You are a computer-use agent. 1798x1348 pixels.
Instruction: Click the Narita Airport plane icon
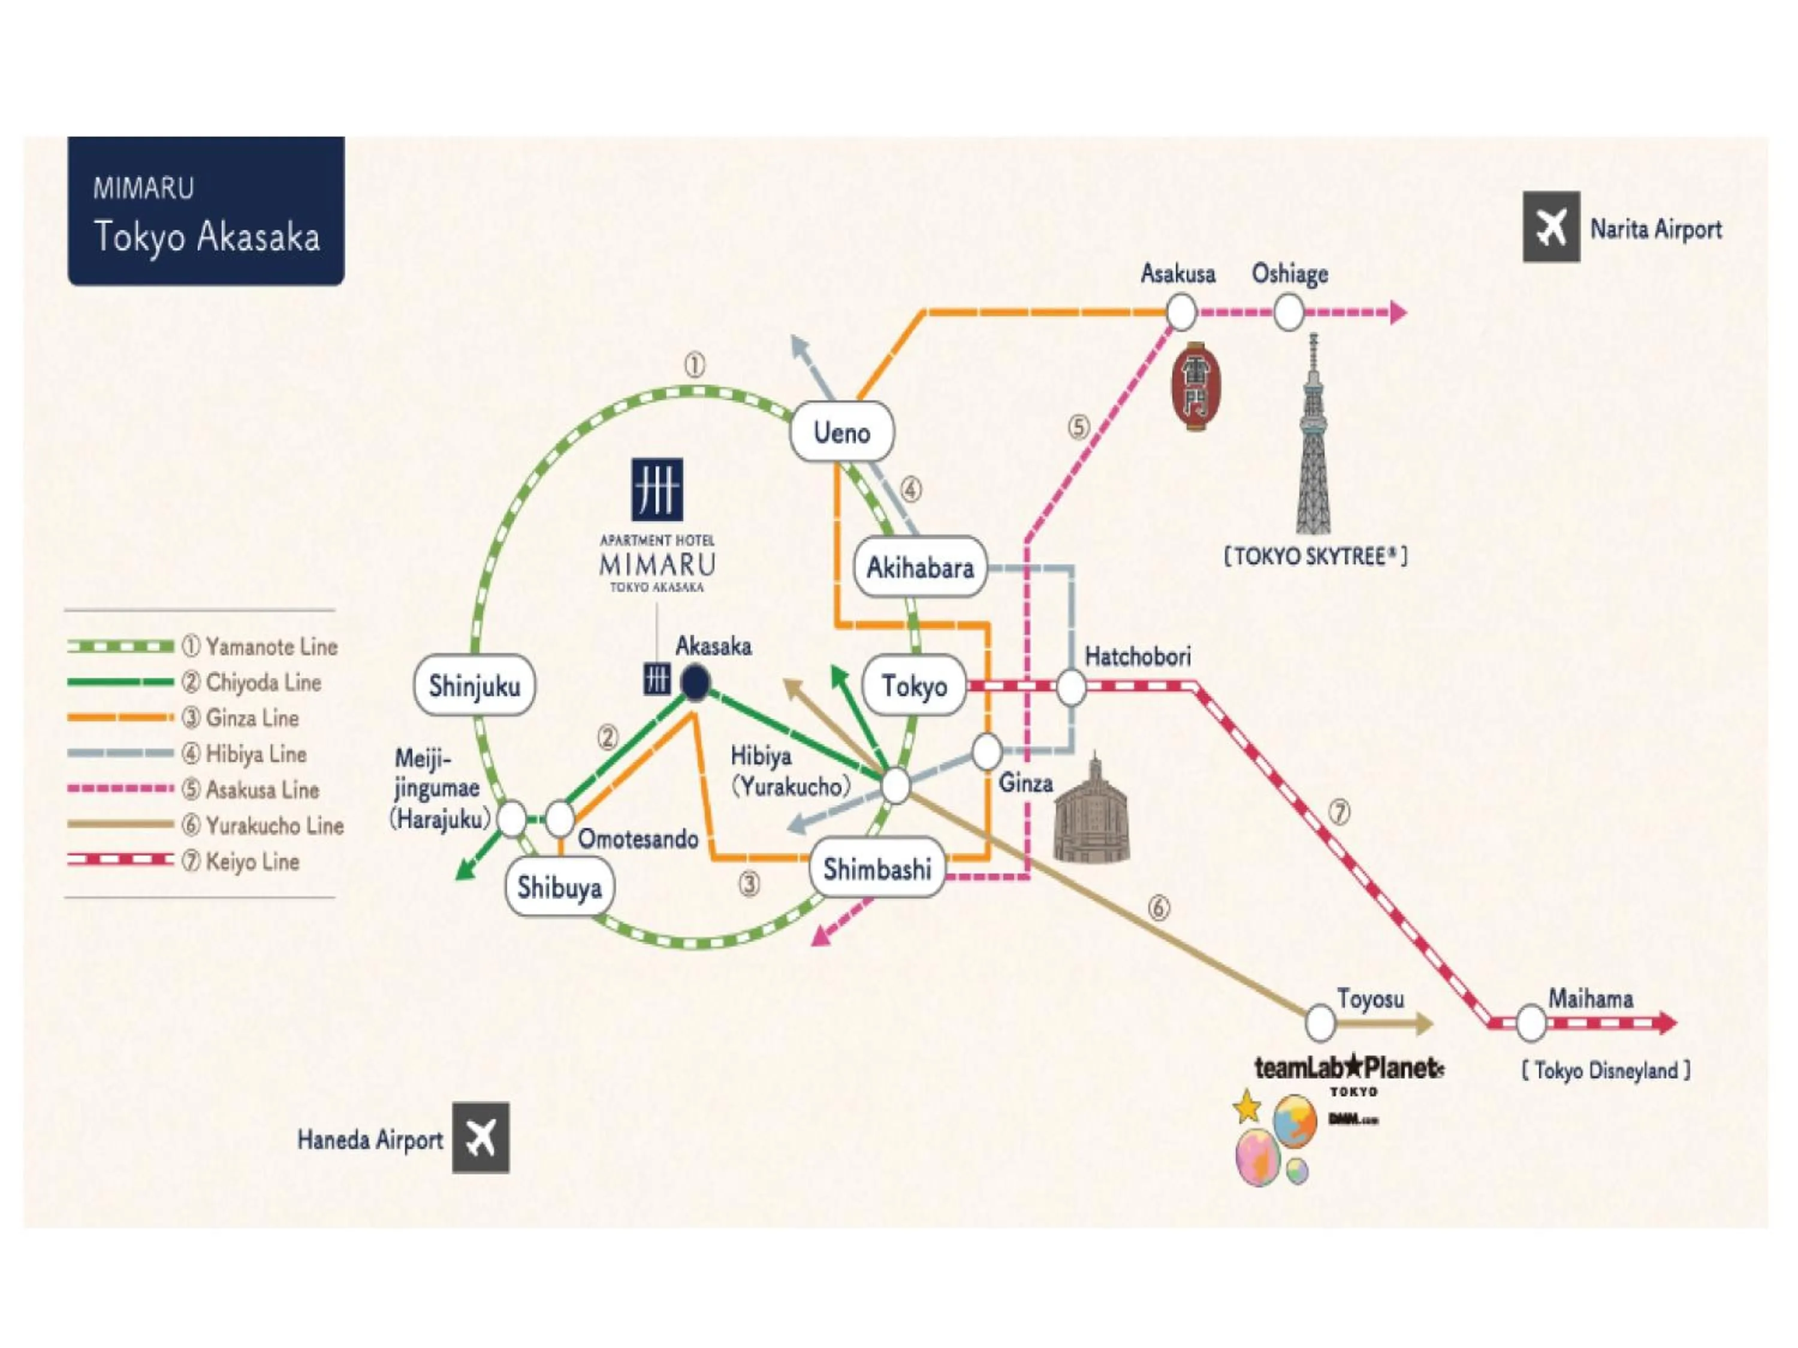point(1551,226)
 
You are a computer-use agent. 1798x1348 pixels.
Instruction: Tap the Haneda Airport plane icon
point(481,1138)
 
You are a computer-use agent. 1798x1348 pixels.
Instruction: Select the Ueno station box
point(841,431)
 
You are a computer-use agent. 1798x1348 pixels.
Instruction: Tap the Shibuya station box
point(559,887)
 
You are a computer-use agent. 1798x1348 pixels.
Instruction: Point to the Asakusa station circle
point(1181,311)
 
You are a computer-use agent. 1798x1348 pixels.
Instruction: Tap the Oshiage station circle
point(1287,311)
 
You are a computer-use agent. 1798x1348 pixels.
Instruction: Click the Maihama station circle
point(1531,1023)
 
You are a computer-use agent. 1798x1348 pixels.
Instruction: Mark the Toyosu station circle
point(1320,1022)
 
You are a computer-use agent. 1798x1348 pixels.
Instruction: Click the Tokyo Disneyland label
point(1606,1071)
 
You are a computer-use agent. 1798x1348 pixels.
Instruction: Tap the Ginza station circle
point(987,752)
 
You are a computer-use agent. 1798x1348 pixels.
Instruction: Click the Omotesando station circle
point(559,819)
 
